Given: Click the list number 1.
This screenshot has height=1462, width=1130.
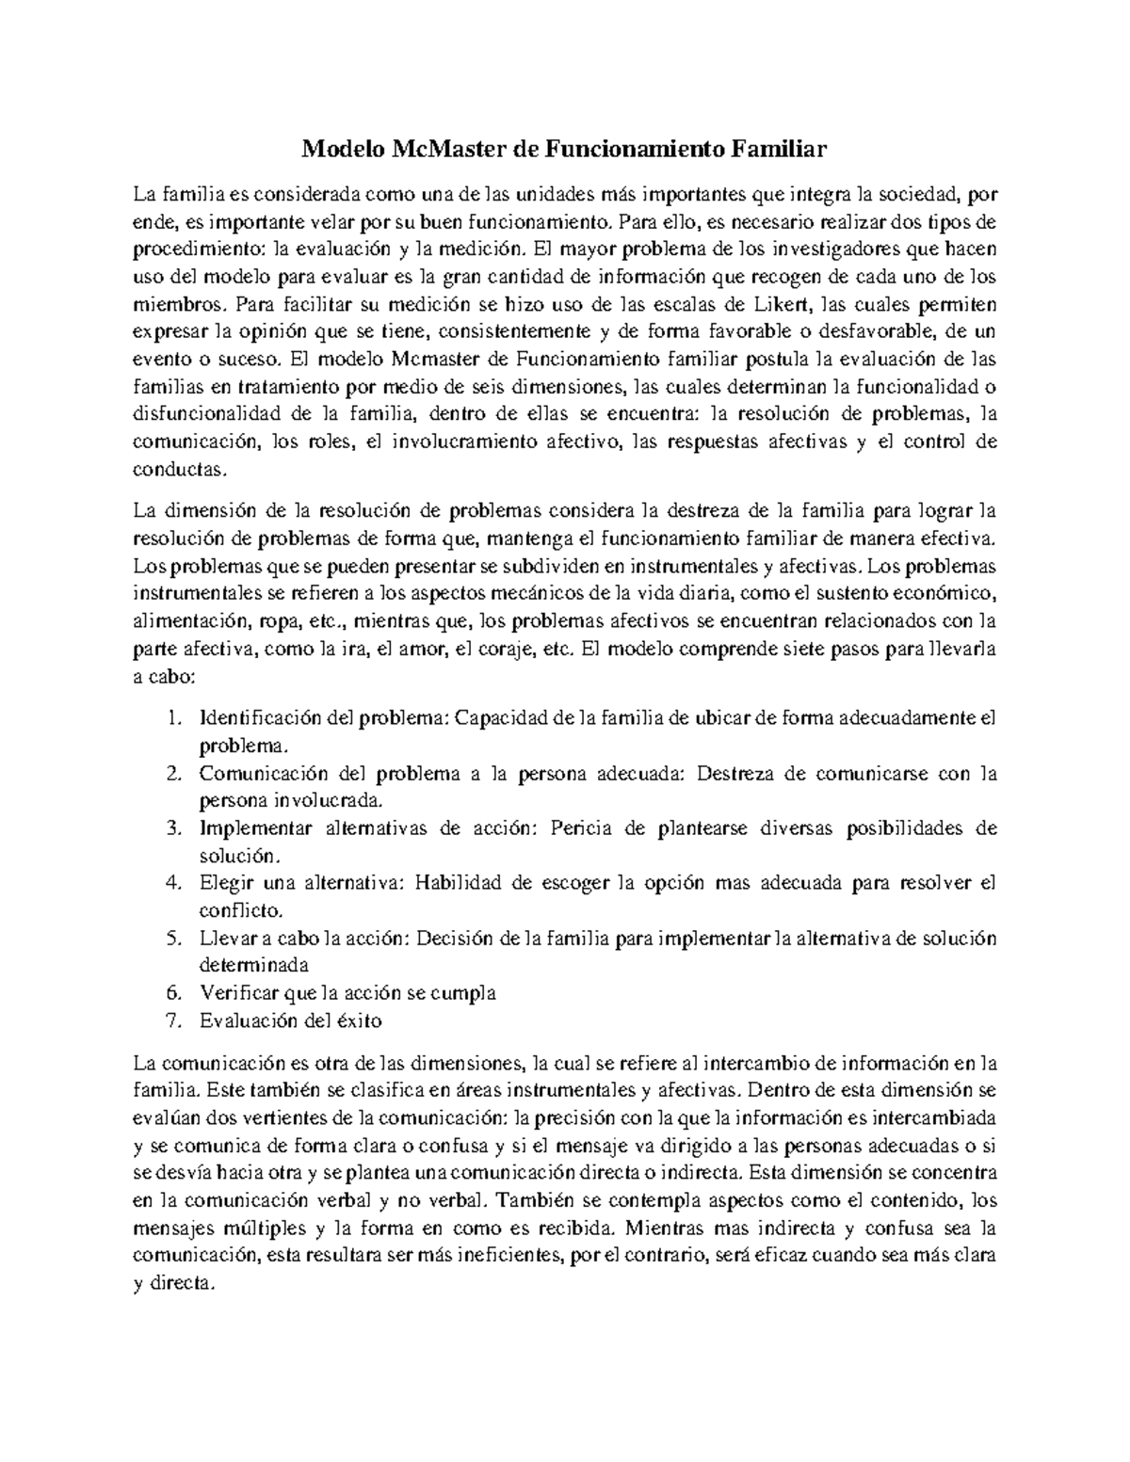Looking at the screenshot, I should click(171, 718).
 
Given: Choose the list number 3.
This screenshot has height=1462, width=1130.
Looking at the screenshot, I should click(171, 828).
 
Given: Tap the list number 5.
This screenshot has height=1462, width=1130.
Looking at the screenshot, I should click(171, 938).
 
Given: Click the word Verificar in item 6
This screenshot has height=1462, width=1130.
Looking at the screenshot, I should click(236, 992).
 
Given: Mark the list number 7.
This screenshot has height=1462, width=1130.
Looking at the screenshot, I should click(171, 1020).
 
